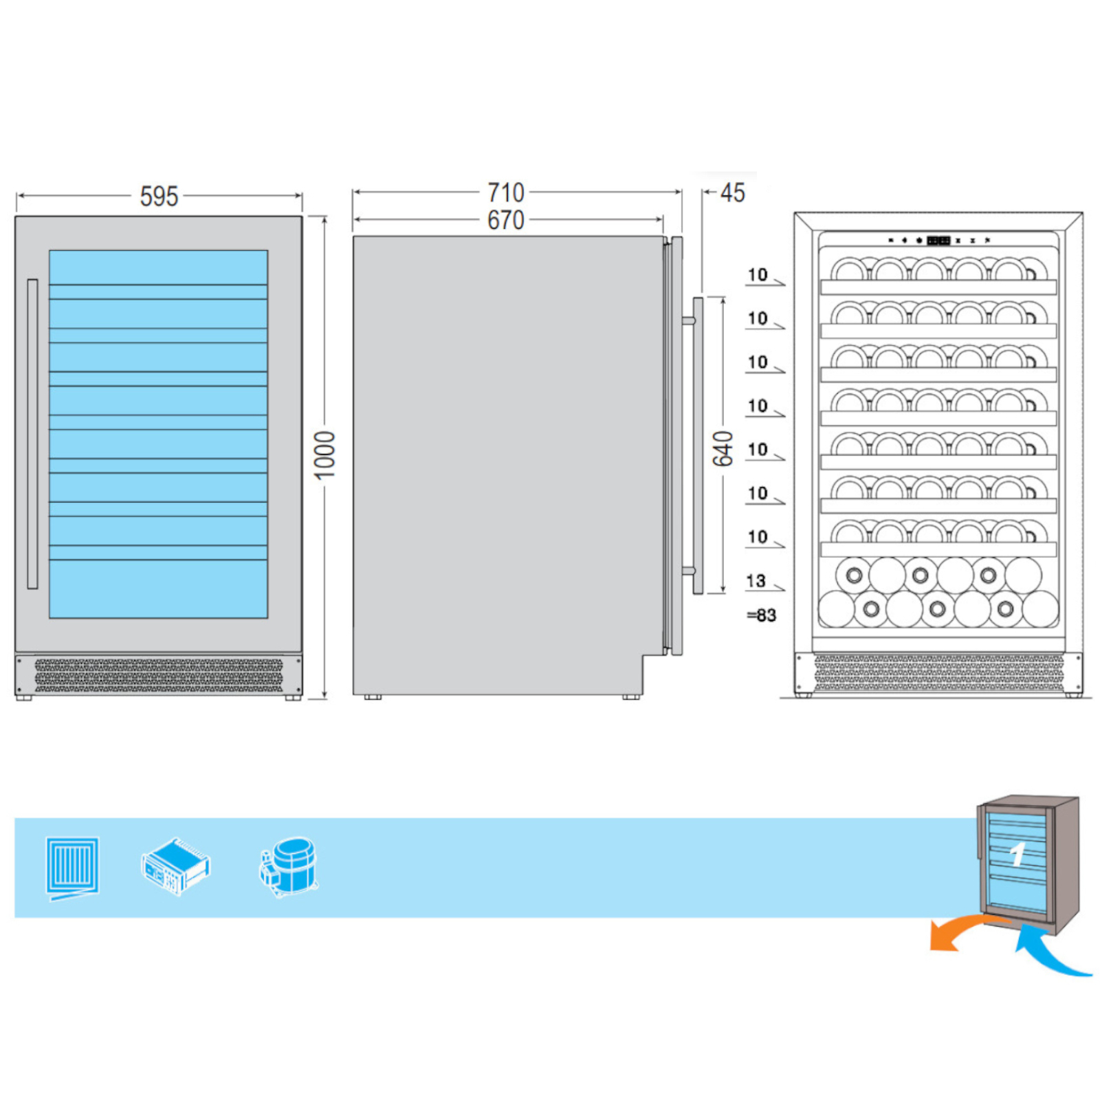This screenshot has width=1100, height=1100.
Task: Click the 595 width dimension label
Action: point(159,197)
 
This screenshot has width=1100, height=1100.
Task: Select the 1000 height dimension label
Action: point(324,455)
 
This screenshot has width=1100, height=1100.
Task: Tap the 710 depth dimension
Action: point(506,192)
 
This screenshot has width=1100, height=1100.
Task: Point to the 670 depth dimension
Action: point(506,220)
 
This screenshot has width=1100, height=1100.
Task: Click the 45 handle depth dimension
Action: point(733,193)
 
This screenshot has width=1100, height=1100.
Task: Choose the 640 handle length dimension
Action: point(723,448)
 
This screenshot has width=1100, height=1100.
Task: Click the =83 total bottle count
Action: point(762,615)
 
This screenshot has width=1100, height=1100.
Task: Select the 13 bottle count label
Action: point(756,581)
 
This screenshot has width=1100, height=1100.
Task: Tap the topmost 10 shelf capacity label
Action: point(758,275)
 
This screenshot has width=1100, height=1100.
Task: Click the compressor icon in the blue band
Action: point(288,867)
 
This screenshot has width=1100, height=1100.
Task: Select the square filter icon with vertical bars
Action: point(72,868)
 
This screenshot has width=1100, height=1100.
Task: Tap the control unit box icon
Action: point(176,866)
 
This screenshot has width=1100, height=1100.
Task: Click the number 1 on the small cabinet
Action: point(1017,855)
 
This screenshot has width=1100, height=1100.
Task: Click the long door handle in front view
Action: point(32,434)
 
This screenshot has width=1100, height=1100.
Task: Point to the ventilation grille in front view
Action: point(159,676)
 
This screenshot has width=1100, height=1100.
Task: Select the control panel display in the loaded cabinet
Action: point(938,241)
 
